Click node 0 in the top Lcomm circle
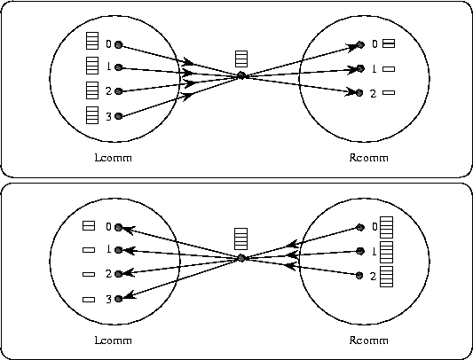119,45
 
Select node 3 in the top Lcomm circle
119,116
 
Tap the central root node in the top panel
241,75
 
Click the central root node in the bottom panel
241,258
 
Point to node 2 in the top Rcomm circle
359,93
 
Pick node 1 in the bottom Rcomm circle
360,251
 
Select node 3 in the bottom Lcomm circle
119,299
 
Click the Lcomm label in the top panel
113,158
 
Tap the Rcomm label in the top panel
368,158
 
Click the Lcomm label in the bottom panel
113,340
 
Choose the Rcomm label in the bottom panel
368,340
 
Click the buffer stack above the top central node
241,59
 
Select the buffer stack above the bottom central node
241,239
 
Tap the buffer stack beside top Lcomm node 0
92,41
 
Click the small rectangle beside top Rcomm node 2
389,92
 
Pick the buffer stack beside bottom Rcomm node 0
386,227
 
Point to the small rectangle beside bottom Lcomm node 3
89,300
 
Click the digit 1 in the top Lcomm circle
109,67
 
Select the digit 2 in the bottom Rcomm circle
373,276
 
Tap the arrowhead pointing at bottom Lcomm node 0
127,230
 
